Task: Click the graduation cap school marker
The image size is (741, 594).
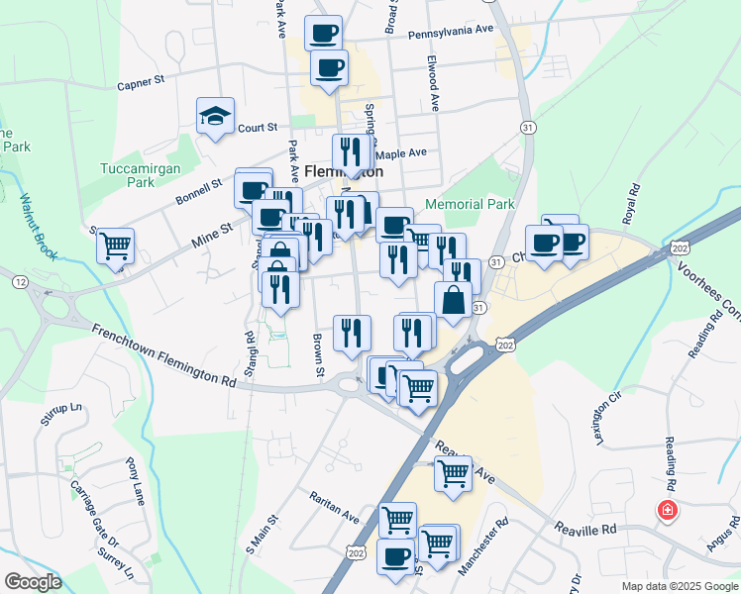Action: pos(215,117)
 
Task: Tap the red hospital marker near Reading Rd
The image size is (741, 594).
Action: pos(668,511)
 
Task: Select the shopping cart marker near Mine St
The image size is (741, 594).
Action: pos(116,244)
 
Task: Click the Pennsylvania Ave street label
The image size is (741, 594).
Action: pos(450,31)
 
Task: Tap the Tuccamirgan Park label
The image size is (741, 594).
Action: pos(141,175)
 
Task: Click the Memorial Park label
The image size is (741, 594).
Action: pos(470,205)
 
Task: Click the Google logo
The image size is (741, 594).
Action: pos(32,582)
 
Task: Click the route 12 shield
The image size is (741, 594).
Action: pos(20,282)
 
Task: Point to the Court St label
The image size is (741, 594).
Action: pos(257,128)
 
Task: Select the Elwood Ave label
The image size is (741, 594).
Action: pos(433,83)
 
